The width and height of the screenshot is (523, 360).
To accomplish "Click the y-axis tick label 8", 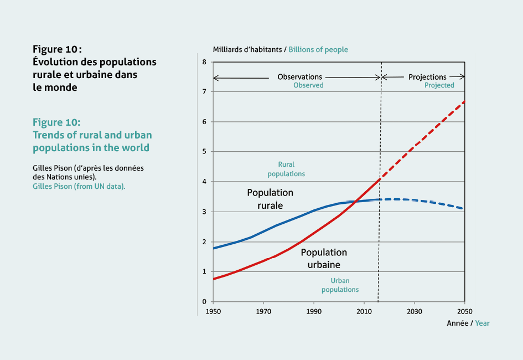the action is pos(204,62).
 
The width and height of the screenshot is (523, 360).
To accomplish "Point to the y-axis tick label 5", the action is pos(204,151).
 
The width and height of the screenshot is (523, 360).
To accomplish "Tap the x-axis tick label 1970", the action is pos(263,312).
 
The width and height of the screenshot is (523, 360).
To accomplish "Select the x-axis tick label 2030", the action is pos(415,312).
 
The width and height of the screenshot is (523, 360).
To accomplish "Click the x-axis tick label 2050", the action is pos(465,312).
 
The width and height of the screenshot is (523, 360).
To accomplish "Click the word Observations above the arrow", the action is pos(300,77).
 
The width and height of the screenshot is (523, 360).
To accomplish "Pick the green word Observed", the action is pos(308,85).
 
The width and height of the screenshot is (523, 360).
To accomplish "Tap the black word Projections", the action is pos(427,78).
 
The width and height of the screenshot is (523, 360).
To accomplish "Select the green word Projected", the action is pos(439,85).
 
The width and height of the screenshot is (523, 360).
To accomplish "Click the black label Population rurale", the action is pos(270,199).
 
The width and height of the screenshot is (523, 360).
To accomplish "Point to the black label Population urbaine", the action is pos(324,259).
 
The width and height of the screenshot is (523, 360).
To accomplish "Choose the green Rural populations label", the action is pos(286,169).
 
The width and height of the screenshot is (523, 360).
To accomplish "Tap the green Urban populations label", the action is pos(340,285).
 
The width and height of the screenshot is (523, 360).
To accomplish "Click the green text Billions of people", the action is pos(318,50).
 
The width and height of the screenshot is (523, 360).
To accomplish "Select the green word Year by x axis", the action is pos(482,323).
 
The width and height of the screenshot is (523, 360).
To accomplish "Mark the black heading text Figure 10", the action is pos(57,49).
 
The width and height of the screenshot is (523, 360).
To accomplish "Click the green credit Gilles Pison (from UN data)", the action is pos(79,186).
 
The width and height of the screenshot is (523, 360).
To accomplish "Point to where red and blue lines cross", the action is pos(355,202).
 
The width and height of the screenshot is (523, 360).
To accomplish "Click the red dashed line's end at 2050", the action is pos(464,101).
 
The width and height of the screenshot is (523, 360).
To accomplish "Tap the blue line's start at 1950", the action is pos(214,248).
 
